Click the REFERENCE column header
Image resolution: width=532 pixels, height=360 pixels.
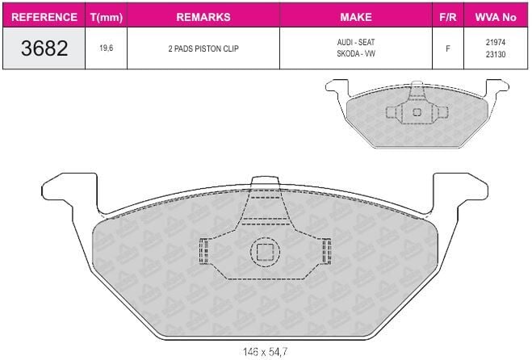[x=44, y=17]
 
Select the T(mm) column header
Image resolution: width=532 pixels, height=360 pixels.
[x=107, y=17]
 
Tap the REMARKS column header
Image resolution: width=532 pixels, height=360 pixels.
[x=203, y=17]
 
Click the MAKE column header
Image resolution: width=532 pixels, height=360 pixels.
[x=356, y=17]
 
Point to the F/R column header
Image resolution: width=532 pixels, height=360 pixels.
[x=448, y=17]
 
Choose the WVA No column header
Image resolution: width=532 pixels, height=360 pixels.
[x=496, y=17]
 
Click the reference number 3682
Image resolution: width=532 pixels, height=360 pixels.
[x=44, y=48]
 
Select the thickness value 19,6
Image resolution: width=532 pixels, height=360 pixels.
[x=107, y=48]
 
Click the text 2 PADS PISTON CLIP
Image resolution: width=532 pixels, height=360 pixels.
[x=203, y=48]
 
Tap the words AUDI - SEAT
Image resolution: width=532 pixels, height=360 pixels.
[x=356, y=43]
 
